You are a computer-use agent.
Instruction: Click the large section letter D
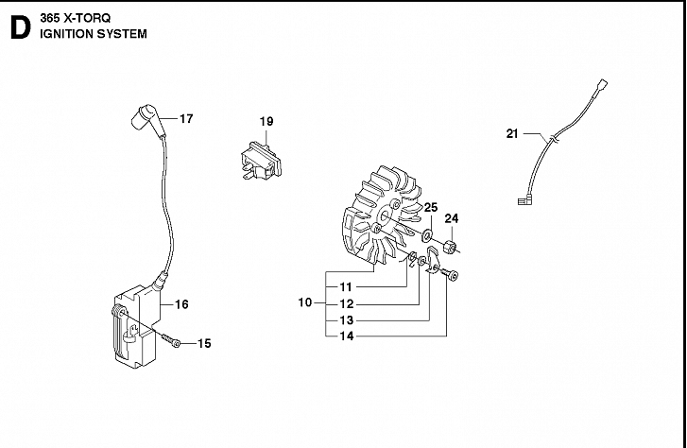(x=17, y=27)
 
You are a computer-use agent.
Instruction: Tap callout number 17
(x=185, y=119)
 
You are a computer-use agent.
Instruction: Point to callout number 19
(x=266, y=121)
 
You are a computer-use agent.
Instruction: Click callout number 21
(x=512, y=134)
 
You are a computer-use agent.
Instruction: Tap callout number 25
(x=430, y=207)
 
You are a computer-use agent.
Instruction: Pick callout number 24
(x=452, y=218)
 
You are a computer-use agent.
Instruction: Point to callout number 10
(x=304, y=302)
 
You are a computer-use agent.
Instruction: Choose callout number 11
(x=346, y=286)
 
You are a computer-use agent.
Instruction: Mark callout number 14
(x=346, y=336)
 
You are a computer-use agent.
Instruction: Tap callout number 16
(x=181, y=304)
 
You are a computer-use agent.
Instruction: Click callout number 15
(x=203, y=343)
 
